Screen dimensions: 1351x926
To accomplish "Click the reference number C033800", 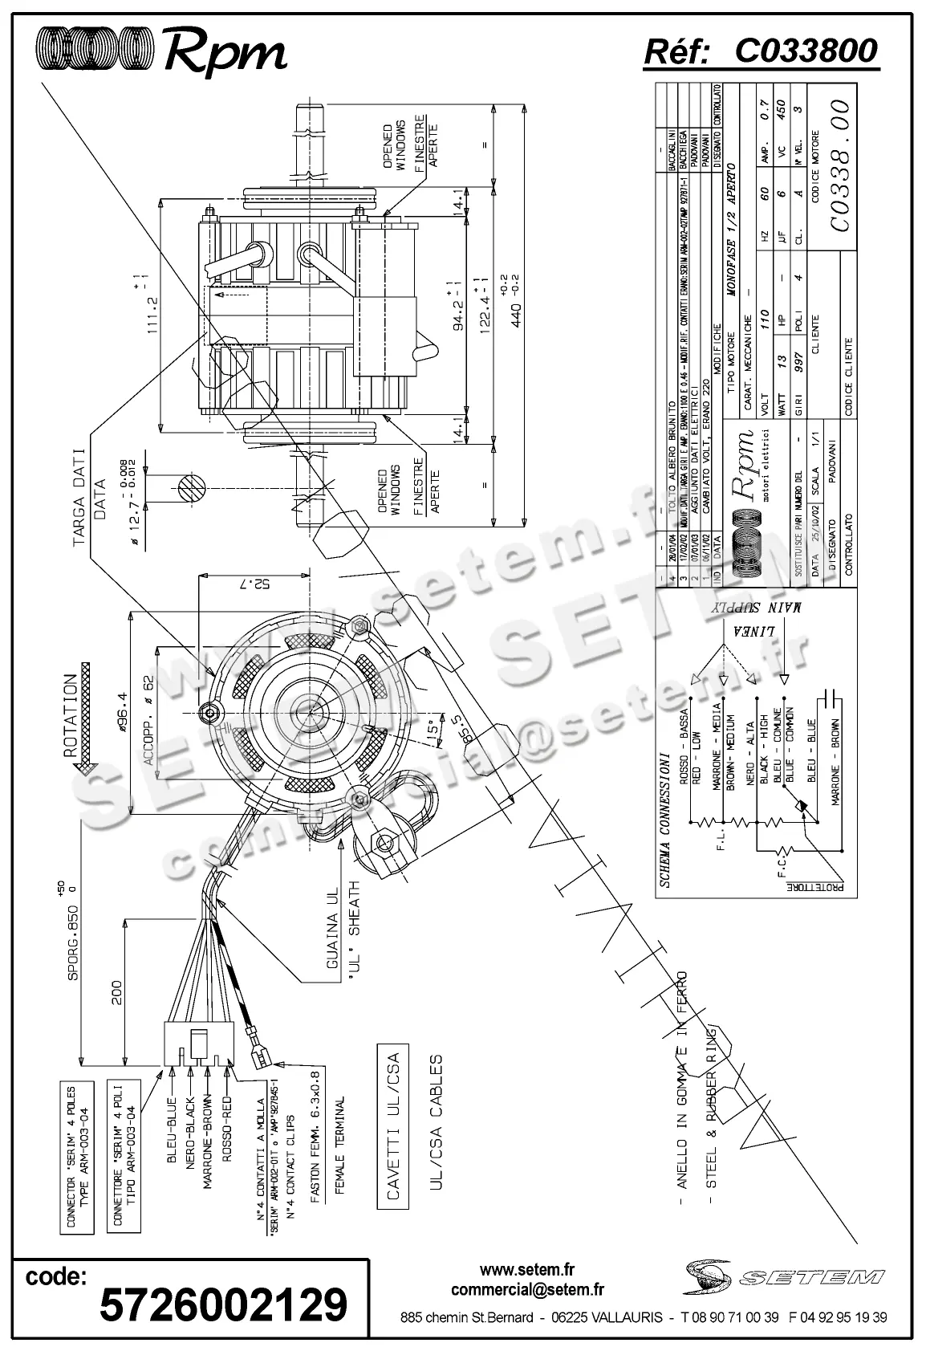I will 806,51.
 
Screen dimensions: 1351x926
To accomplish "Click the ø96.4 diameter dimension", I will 122,713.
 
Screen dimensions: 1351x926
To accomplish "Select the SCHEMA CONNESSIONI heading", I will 664,819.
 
